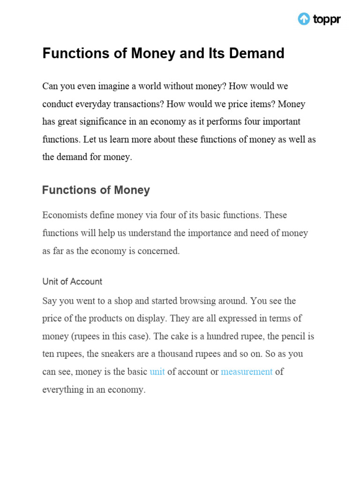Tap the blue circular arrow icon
point(304,19)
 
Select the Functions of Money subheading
point(96,190)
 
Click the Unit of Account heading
point(72,282)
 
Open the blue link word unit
point(157,372)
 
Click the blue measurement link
point(247,372)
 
